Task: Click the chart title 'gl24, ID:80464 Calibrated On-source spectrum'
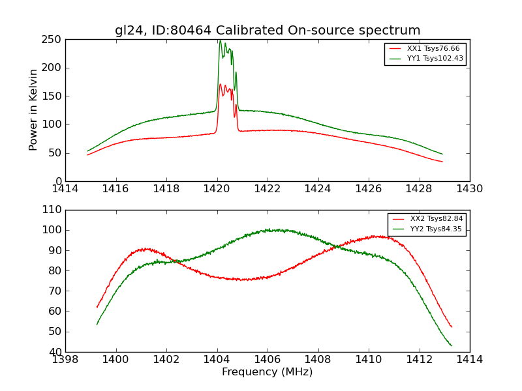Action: coord(268,31)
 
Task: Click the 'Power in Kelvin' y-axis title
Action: coord(33,110)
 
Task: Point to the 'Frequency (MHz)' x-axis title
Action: coord(268,372)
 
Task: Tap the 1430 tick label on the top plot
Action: coord(469,189)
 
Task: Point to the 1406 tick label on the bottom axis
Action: coord(268,359)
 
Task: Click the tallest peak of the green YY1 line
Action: coord(220,41)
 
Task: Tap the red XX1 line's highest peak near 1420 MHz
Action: coord(221,84)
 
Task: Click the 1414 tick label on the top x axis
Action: coord(66,189)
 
